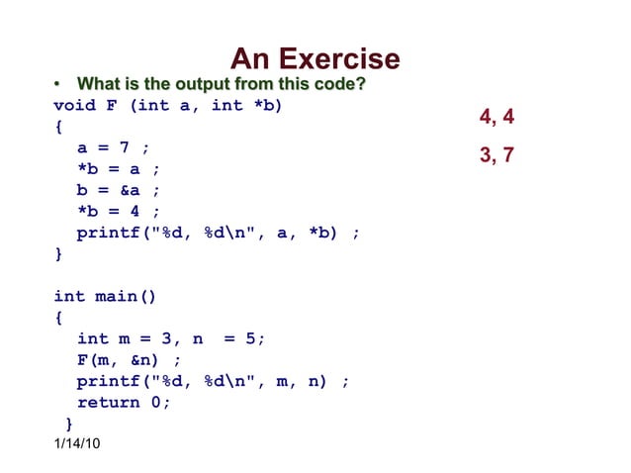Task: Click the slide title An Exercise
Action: point(315,59)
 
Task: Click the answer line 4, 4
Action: point(496,118)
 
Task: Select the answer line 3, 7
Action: point(496,155)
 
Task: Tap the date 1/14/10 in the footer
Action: point(77,442)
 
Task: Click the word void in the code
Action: point(73,106)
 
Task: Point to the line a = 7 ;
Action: point(114,147)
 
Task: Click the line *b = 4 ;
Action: point(119,211)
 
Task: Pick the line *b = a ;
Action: point(119,169)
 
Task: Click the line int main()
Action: point(105,296)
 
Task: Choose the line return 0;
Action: point(124,402)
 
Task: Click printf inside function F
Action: point(108,233)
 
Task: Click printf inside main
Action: point(108,381)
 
